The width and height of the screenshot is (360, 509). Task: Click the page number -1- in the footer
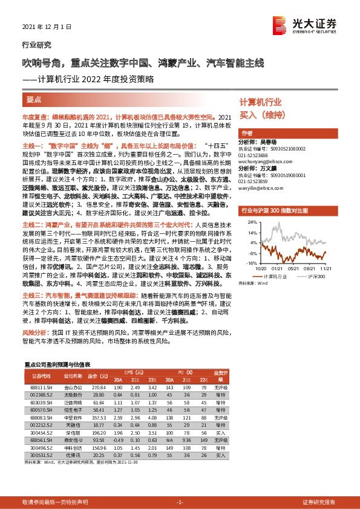click(x=180, y=485)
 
